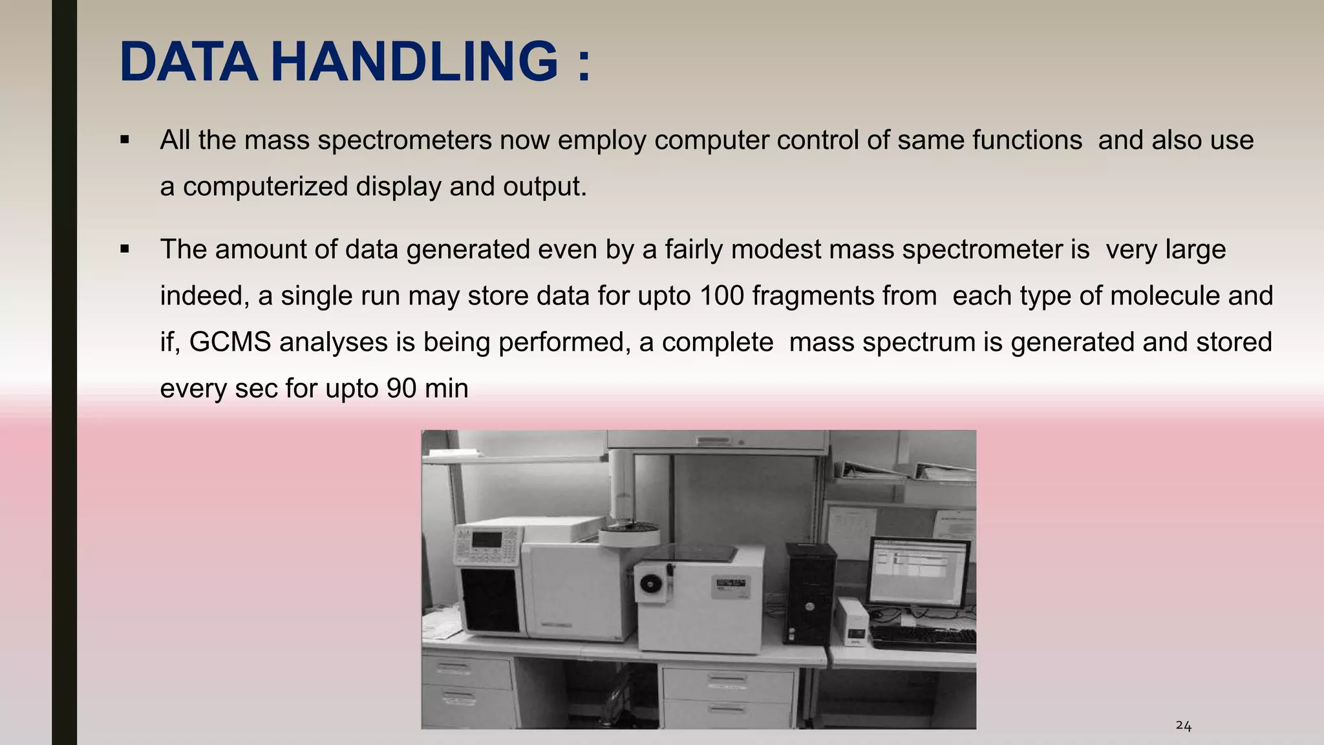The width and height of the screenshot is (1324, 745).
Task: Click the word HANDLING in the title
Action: click(414, 62)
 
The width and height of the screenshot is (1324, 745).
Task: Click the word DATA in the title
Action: click(188, 62)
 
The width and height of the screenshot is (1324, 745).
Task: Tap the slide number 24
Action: click(1183, 726)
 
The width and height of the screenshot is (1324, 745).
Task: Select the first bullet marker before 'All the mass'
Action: click(125, 140)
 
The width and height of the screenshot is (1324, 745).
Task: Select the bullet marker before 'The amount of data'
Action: click(125, 249)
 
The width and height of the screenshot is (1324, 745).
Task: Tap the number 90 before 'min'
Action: click(401, 389)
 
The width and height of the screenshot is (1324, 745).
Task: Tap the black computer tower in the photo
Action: click(809, 592)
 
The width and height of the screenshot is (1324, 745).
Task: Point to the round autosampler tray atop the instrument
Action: click(628, 534)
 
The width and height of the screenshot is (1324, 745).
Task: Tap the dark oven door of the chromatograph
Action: click(490, 599)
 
